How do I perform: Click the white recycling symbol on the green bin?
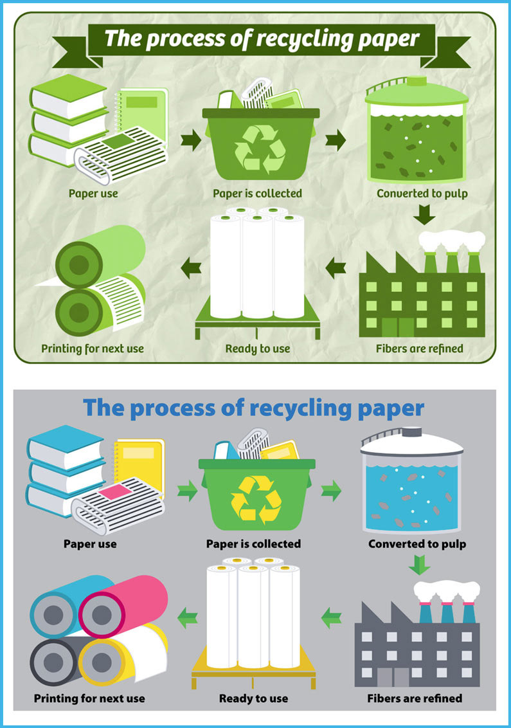click(x=260, y=147)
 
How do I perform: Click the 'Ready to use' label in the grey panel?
click(x=253, y=698)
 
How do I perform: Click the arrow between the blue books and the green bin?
click(x=187, y=492)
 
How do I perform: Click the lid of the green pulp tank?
click(x=417, y=93)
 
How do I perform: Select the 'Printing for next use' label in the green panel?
click(x=93, y=349)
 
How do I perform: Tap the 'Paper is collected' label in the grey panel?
click(x=253, y=544)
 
